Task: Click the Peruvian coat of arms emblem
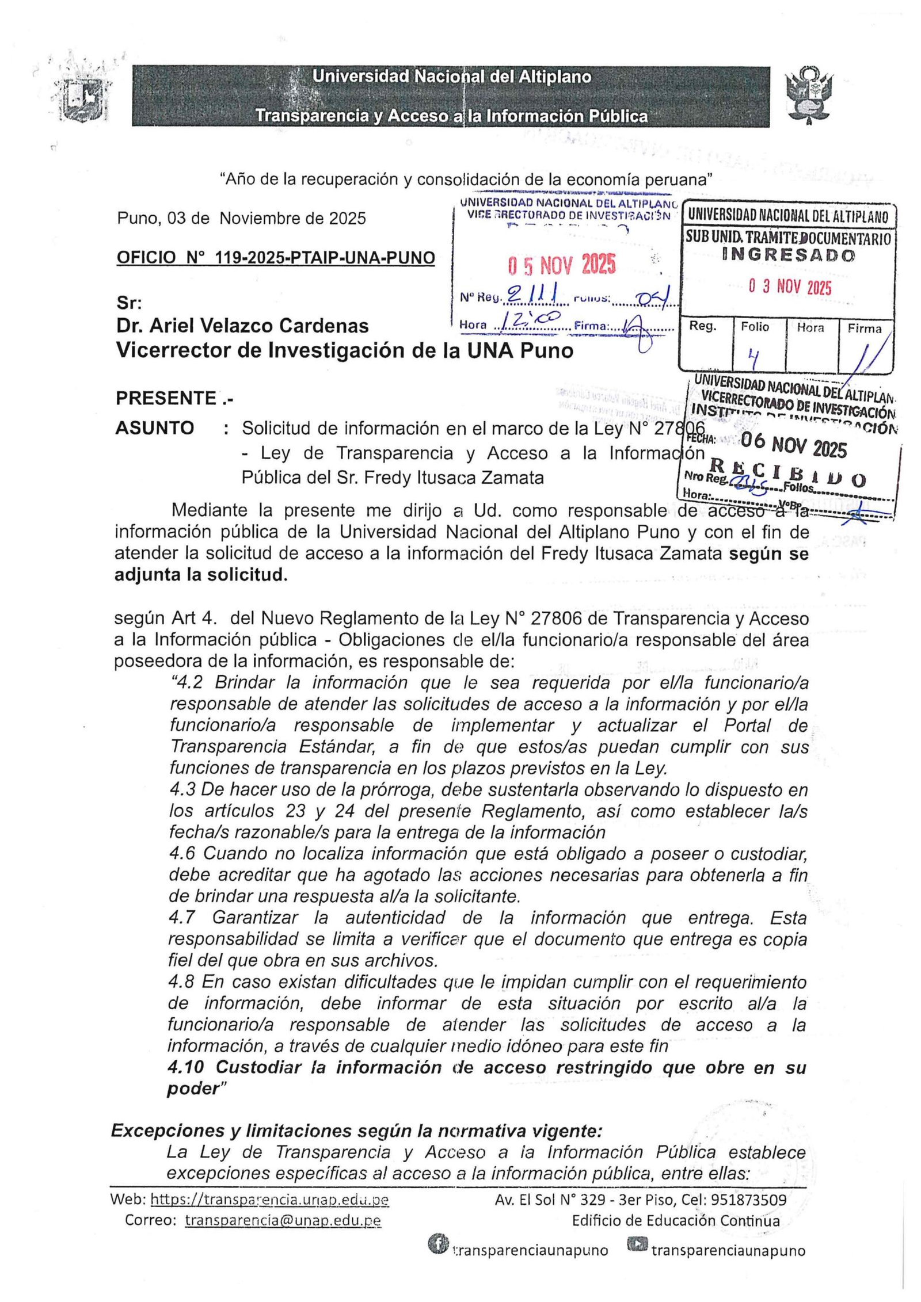tap(809, 96)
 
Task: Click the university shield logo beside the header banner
tap(85, 97)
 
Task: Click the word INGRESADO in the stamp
tap(788, 255)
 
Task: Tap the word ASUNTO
tap(154, 428)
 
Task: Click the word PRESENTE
tap(166, 398)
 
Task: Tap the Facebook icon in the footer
tap(438, 1244)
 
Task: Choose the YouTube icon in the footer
tap(637, 1244)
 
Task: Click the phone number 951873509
tap(748, 1199)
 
